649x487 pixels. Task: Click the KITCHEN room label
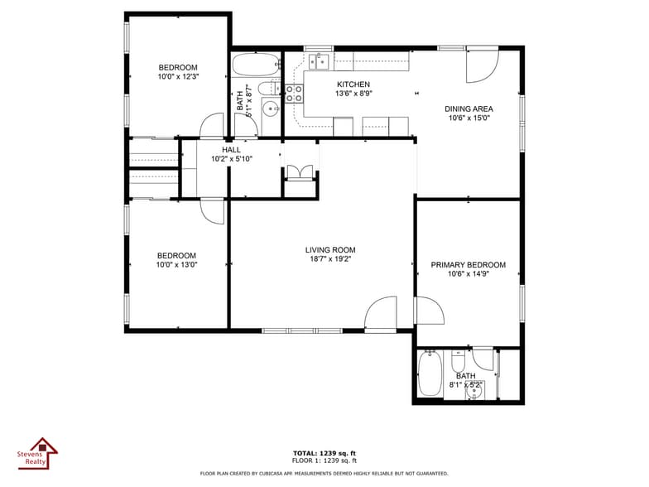pos(353,84)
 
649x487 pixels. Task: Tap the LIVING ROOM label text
pos(330,250)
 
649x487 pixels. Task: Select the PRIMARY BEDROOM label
pos(469,265)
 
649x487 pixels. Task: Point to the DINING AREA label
pos(469,109)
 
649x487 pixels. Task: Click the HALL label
pos(231,149)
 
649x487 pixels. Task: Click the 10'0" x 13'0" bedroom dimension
pos(177,265)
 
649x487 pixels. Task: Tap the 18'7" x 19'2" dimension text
pos(330,258)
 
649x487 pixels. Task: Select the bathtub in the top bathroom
pos(256,65)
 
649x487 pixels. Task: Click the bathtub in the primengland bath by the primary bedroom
pos(430,374)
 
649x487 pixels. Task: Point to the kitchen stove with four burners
pos(293,94)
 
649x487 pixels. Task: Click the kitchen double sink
pos(320,61)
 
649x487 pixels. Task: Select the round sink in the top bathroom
pos(272,108)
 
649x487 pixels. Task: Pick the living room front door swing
pos(381,313)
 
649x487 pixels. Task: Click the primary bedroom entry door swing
pos(430,311)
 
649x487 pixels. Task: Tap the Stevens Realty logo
pos(38,454)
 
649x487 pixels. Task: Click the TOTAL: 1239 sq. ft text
pos(324,454)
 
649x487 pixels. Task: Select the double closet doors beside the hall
pos(300,172)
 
